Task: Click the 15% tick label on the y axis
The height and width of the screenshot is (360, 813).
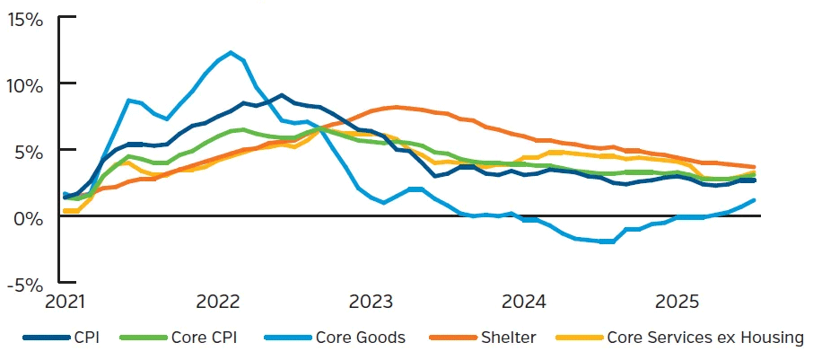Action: tap(25, 19)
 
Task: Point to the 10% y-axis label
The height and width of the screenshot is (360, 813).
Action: tap(25, 85)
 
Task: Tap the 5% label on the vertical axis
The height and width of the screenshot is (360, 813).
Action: tap(30, 151)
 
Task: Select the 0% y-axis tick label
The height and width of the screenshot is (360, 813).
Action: tap(30, 217)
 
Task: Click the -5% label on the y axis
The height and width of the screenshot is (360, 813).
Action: tap(26, 284)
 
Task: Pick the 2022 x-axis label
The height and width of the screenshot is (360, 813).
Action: tap(216, 299)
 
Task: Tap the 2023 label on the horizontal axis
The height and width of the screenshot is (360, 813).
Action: tap(371, 299)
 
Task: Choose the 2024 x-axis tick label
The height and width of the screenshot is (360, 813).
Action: tap(525, 299)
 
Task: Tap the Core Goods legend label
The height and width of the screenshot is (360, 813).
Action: tap(360, 338)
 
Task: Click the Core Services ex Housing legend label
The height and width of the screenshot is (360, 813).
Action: tap(704, 338)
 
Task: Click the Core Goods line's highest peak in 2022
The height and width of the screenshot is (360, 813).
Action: tap(231, 52)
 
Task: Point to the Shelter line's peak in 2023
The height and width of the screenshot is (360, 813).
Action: tap(397, 107)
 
